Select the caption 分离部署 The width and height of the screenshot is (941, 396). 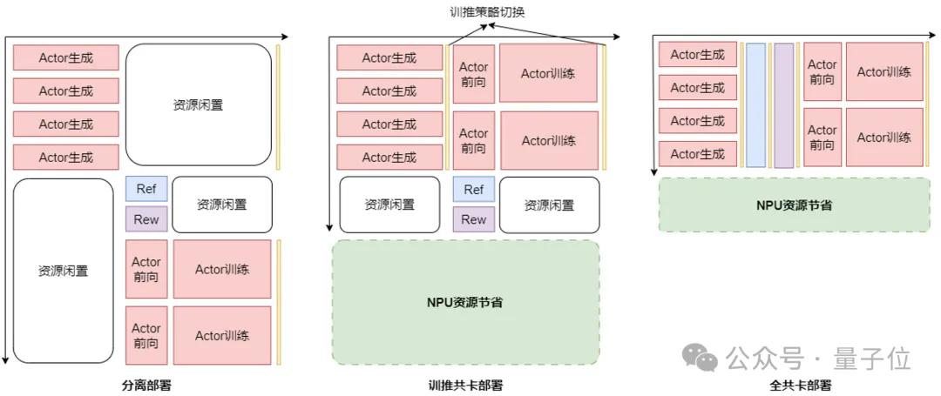(153, 385)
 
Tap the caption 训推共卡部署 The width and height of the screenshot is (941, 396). (465, 385)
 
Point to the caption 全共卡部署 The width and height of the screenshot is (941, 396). (800, 385)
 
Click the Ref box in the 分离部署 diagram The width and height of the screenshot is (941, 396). (146, 189)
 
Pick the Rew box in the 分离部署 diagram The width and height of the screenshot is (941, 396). (146, 219)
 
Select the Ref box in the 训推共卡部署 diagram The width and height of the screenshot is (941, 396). (474, 190)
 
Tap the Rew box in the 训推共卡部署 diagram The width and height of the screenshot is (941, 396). (474, 219)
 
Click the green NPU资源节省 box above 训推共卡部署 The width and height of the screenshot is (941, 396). (465, 302)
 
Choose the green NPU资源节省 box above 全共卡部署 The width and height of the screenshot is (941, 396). (795, 205)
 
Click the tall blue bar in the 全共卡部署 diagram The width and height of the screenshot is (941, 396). (756, 104)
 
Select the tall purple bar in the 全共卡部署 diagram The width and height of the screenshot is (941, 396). (784, 104)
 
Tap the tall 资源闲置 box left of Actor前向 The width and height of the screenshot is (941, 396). (64, 271)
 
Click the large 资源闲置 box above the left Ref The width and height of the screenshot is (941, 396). (199, 104)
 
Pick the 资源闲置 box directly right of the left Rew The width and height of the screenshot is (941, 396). (222, 205)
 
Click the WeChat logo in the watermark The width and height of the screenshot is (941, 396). (701, 357)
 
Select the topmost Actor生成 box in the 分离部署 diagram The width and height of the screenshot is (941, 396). (66, 58)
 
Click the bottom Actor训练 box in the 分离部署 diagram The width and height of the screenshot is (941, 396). (222, 335)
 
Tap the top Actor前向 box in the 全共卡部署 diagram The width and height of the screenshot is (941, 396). (823, 71)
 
